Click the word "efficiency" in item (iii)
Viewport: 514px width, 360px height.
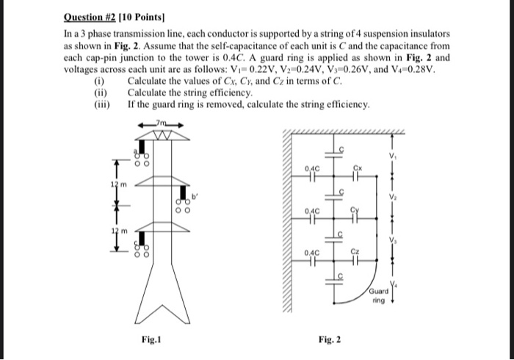click(x=343, y=104)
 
